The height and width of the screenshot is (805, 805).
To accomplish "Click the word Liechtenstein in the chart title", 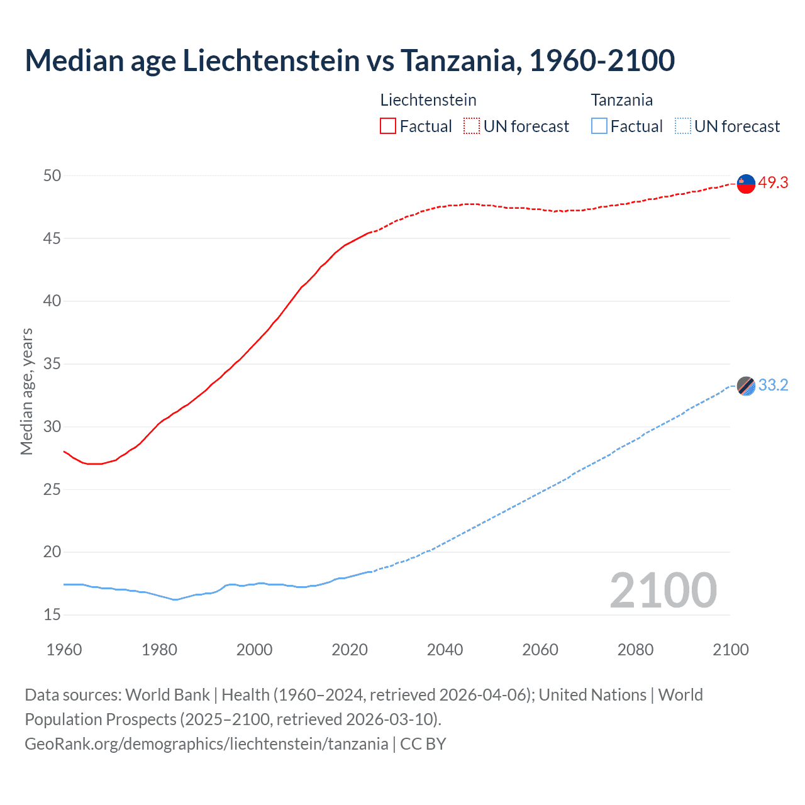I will point(271,60).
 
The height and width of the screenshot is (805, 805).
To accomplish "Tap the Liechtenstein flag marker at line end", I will point(746,183).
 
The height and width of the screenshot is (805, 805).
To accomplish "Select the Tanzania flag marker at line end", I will point(746,386).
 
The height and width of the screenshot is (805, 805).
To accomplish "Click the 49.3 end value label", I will point(773,182).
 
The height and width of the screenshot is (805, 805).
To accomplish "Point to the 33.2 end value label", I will point(773,385).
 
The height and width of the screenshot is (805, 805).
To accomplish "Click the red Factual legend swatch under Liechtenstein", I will point(388,126).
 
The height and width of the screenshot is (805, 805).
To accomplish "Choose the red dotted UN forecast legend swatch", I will point(472,126).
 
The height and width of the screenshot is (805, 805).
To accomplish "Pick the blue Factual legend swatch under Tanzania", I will point(599,126).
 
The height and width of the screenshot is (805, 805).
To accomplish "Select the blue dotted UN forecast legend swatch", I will point(683,126).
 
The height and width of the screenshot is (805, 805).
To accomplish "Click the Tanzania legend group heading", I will point(621,100).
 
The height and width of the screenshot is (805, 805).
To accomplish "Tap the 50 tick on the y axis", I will point(52,175).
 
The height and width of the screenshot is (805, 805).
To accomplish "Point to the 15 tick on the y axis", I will point(52,614).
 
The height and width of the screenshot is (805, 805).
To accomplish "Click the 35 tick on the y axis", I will point(52,364).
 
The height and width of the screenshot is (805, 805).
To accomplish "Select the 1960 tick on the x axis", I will point(64,650).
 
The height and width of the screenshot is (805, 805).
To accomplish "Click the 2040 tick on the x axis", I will point(445,650).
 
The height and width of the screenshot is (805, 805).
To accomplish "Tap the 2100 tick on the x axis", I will point(730,650).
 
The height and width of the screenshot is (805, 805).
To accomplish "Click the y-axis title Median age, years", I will point(26,391).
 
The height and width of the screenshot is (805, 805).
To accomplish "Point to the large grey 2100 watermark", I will point(663,591).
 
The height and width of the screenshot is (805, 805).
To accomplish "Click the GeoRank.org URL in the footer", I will point(206,744).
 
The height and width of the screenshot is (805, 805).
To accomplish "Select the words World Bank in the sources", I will point(167,695).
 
